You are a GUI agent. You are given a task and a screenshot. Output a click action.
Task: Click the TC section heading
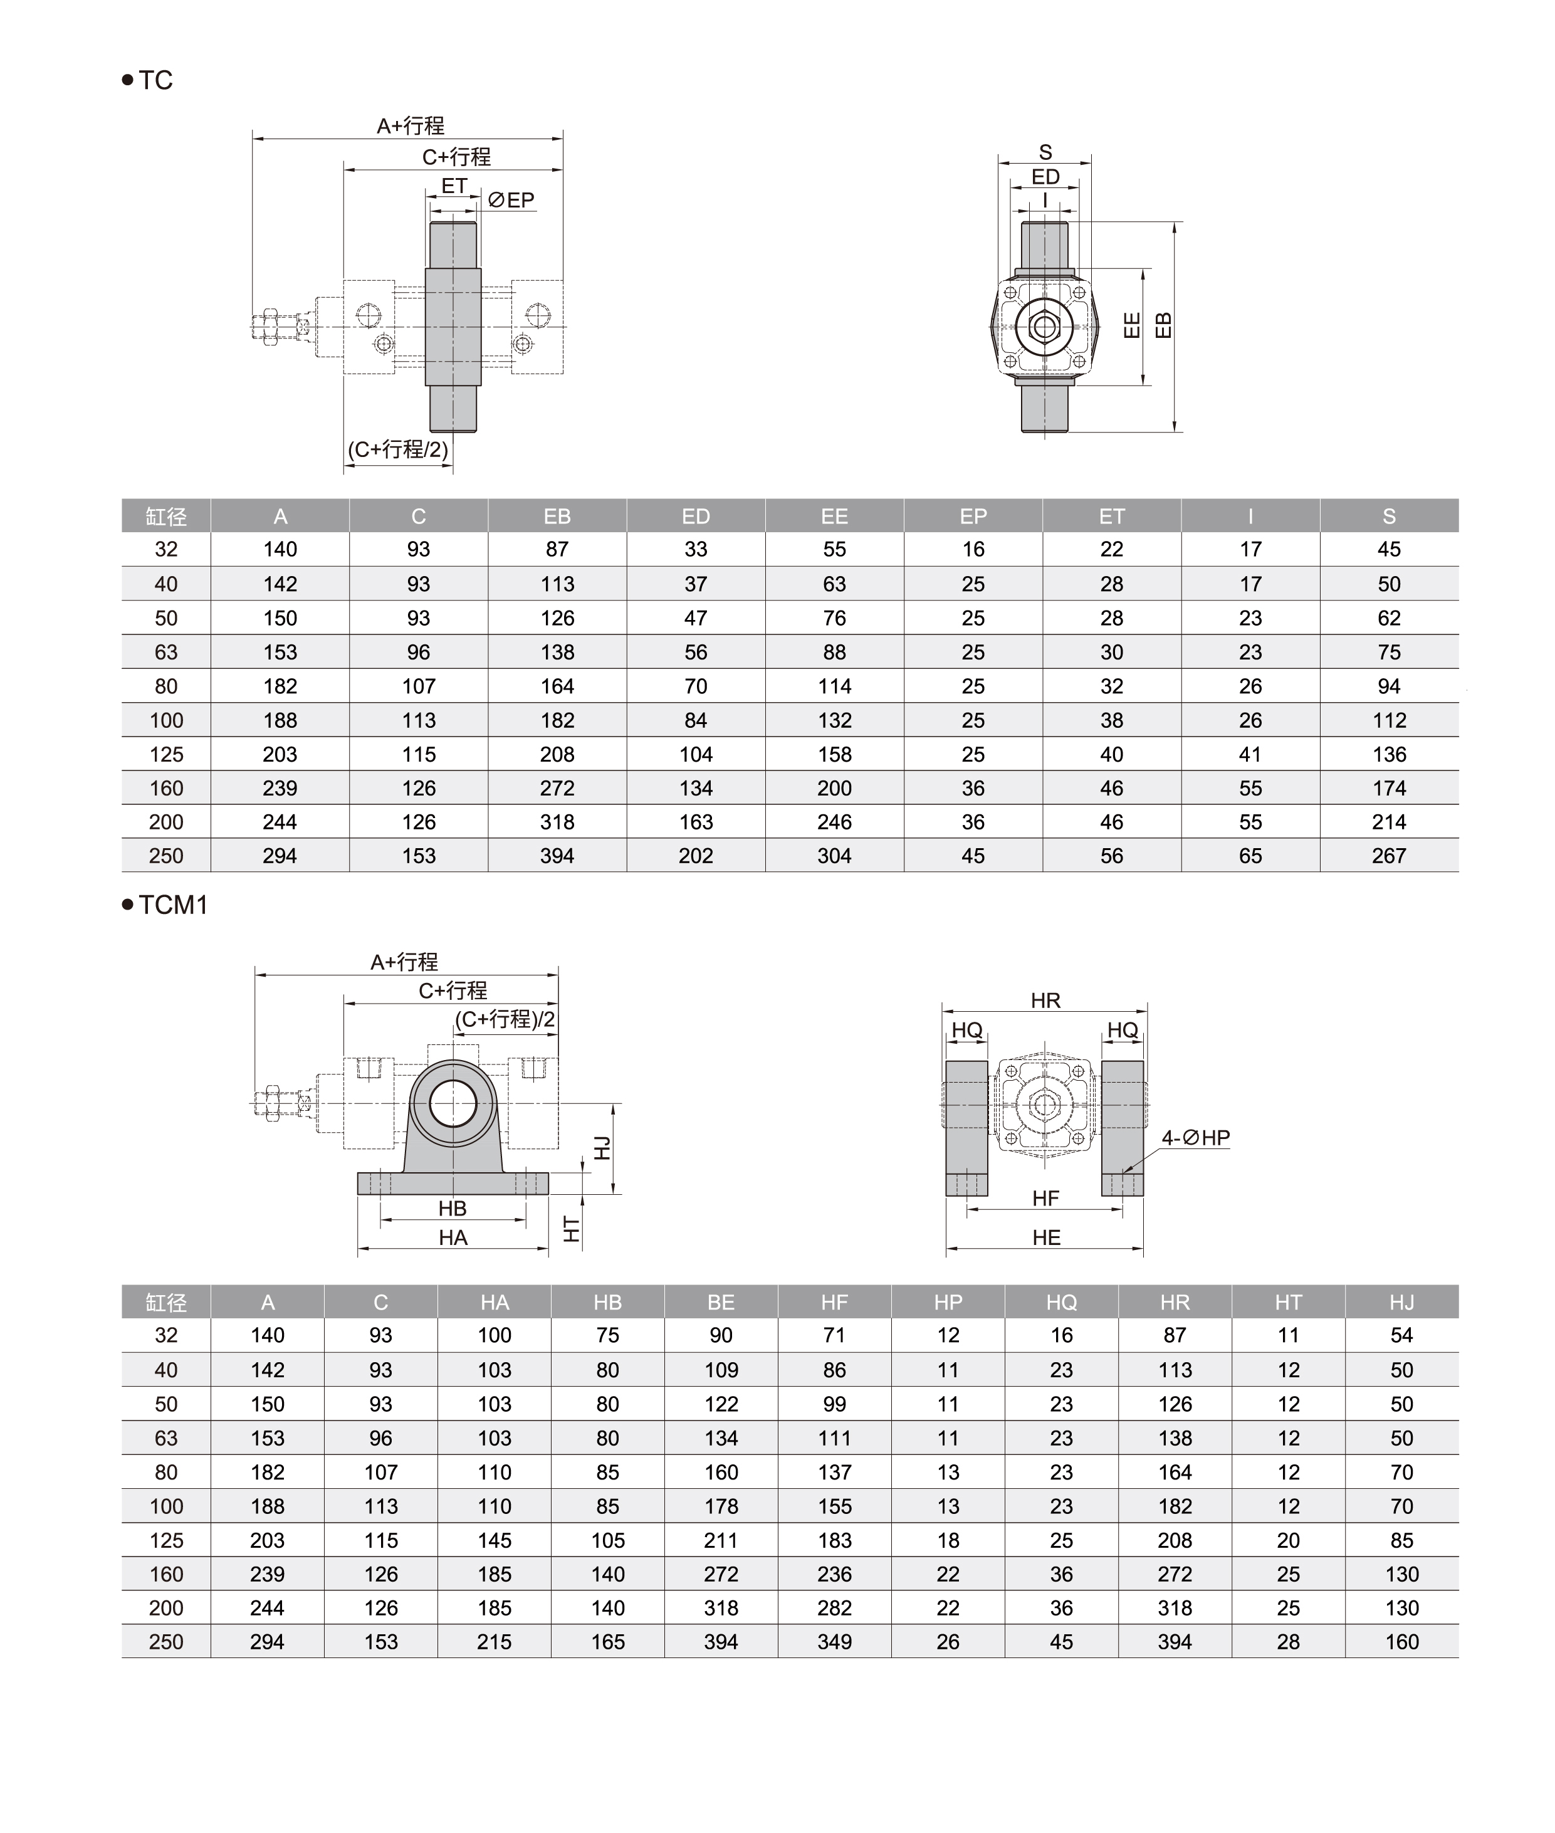coord(155,80)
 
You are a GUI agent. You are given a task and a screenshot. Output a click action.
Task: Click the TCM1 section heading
coord(173,905)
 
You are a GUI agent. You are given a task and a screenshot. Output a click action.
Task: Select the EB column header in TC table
coord(557,517)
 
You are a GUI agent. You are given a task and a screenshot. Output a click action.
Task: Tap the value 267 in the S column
coord(1388,856)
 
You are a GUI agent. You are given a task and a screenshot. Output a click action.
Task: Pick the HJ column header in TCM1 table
coord(1401,1302)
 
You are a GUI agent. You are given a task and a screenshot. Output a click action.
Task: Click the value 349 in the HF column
coord(834,1642)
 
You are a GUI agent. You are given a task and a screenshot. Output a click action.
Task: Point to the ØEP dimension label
coord(512,200)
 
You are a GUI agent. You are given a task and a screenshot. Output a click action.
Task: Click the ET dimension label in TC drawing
coord(454,186)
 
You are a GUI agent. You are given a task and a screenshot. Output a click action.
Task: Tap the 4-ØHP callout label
coord(1195,1137)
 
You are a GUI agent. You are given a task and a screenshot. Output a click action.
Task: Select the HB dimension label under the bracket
coord(453,1208)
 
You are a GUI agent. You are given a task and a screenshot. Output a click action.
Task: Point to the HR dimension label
coord(1045,1001)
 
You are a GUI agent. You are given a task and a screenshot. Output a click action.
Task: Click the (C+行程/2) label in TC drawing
coord(399,449)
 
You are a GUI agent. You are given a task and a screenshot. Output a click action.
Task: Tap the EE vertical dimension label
coord(1133,325)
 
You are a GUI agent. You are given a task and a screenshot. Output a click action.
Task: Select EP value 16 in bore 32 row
coord(973,549)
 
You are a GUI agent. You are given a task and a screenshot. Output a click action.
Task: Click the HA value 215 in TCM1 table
coord(495,1642)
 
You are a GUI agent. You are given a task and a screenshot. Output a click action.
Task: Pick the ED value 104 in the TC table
coord(696,755)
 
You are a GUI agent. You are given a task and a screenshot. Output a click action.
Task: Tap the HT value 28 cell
coord(1288,1642)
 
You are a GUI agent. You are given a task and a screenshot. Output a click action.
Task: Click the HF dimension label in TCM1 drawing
coord(1045,1198)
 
